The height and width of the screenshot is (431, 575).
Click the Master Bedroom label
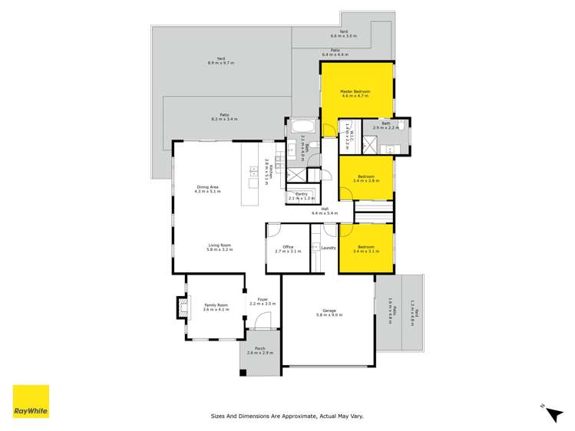coord(355,93)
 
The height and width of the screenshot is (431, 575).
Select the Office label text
coord(289,247)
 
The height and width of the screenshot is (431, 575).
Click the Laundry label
coord(329,247)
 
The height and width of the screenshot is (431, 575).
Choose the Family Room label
coord(216,306)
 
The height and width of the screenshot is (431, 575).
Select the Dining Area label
coord(208,187)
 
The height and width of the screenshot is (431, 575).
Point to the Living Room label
coord(220,246)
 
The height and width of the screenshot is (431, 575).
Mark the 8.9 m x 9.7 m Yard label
coord(220,59)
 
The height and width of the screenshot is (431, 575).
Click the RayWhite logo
coord(31,401)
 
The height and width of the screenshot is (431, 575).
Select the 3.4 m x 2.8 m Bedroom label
coord(365,178)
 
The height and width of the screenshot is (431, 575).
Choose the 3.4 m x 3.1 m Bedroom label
coord(365,248)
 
